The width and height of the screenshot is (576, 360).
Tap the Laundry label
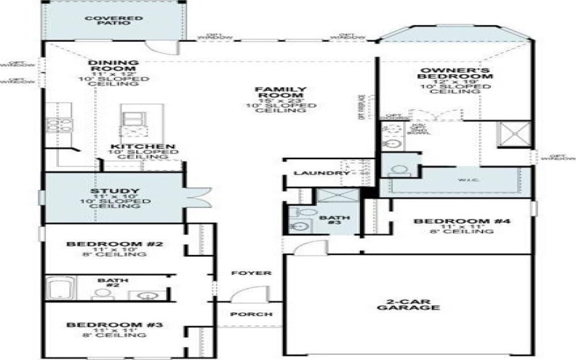316,174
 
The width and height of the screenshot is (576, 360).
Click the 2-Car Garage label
408,303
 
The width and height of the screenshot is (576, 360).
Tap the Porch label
251,315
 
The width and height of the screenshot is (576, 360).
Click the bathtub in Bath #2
60,289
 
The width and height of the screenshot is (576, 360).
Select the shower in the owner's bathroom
513,134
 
